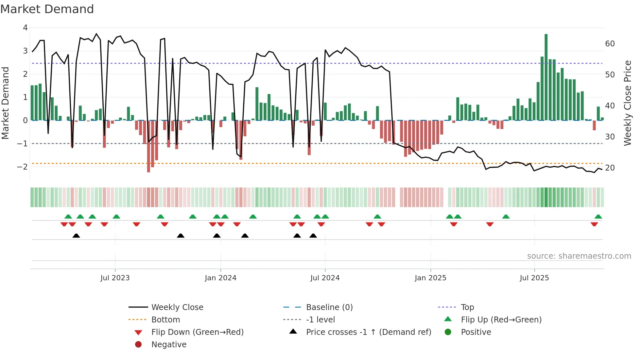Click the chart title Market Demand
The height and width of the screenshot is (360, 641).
(x=47, y=9)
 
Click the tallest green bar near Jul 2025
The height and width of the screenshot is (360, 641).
(x=546, y=77)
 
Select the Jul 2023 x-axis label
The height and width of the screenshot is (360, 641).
(x=115, y=278)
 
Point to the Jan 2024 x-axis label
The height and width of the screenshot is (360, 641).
(x=220, y=278)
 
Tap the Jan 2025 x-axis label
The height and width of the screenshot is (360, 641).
(x=430, y=278)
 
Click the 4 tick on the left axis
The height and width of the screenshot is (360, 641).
(x=25, y=28)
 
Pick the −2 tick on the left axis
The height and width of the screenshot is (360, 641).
(x=23, y=167)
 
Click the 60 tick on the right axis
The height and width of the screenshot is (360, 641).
(x=610, y=44)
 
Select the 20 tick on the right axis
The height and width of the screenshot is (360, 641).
(x=610, y=168)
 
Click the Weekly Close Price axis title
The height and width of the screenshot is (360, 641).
(x=627, y=103)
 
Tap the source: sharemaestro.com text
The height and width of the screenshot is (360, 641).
(x=579, y=256)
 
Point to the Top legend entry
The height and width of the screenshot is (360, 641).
(x=467, y=307)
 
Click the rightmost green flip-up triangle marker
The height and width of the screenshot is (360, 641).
(x=598, y=217)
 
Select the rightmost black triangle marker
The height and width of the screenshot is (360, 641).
(x=313, y=236)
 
